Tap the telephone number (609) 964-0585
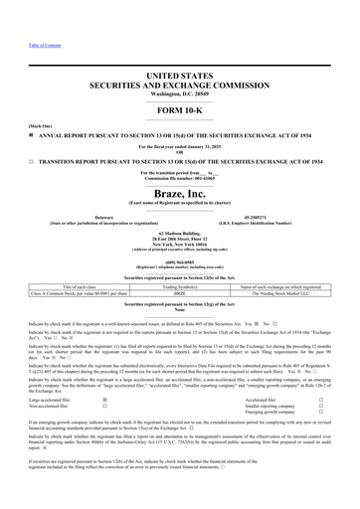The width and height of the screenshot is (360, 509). (180, 263)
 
